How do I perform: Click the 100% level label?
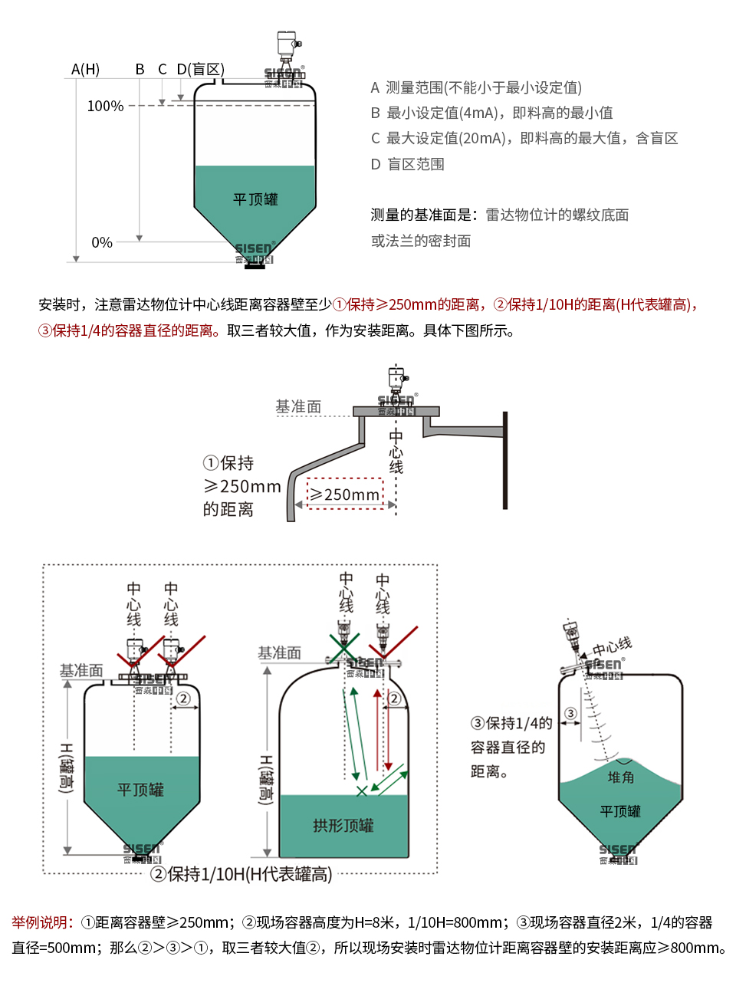[x=105, y=106]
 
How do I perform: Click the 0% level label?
[x=102, y=242]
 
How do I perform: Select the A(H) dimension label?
[x=85, y=69]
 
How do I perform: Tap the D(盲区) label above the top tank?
[x=200, y=69]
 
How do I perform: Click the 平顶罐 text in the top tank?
[x=255, y=199]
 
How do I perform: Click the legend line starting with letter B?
[x=491, y=113]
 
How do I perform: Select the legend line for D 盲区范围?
[x=407, y=164]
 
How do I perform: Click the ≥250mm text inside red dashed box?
[x=345, y=495]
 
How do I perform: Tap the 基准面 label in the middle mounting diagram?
[x=298, y=406]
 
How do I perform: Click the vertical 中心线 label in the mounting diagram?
[x=396, y=451]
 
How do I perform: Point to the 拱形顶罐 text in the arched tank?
[x=343, y=825]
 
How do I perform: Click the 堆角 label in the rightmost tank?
[x=620, y=777]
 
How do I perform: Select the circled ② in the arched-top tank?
[x=394, y=698]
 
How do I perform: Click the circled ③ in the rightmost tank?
[x=570, y=714]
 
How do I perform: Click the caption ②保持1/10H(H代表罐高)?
[x=242, y=874]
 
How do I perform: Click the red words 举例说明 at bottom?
[x=42, y=922]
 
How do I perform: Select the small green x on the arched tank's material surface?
[x=361, y=790]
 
